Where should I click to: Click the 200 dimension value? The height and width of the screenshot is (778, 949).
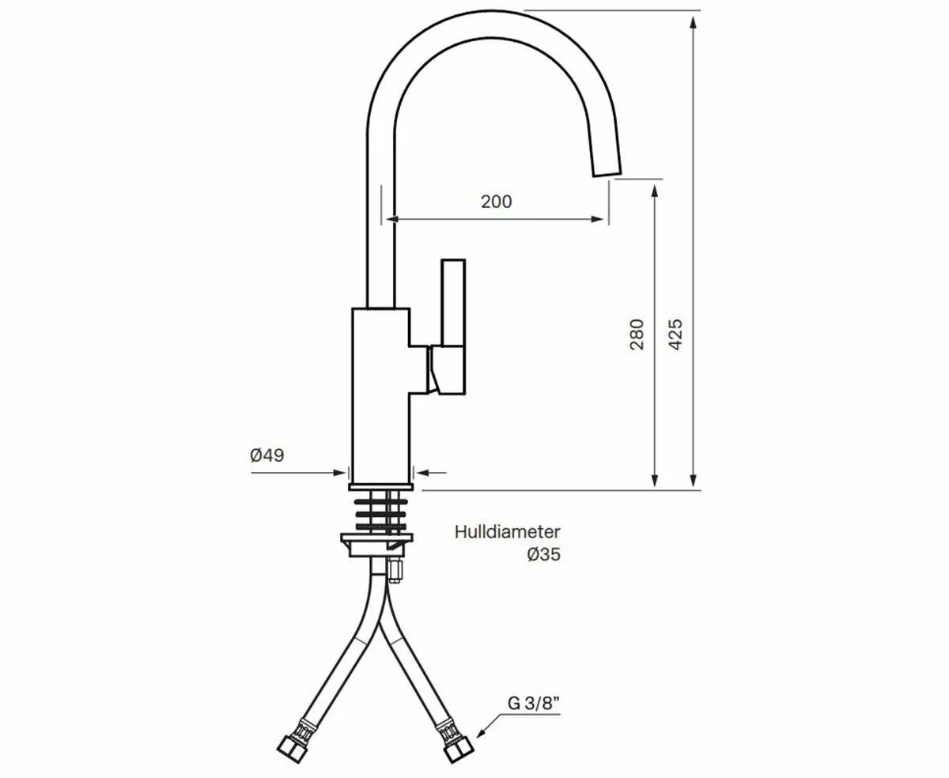[497, 202]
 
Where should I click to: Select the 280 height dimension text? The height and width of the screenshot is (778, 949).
[637, 334]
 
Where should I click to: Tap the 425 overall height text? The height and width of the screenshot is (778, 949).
[675, 334]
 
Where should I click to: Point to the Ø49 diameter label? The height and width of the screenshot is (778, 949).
[267, 455]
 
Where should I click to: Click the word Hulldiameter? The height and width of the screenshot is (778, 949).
[507, 532]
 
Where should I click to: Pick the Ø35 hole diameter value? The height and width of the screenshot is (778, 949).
[543, 555]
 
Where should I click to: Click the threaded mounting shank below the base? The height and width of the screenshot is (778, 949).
[381, 512]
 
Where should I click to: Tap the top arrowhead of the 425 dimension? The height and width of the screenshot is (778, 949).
[694, 21]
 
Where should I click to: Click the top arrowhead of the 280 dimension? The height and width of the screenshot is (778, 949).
[655, 189]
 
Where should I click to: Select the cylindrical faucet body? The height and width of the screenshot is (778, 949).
[380, 395]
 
